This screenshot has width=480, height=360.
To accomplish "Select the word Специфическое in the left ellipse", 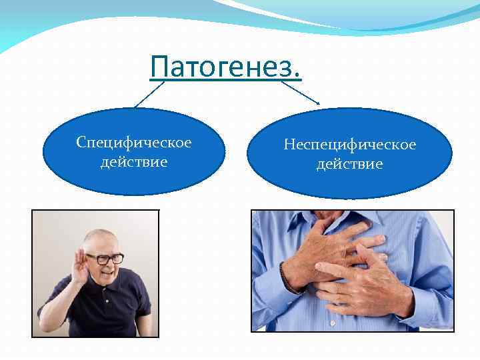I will pos(134,143).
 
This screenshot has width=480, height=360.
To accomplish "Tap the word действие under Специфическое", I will pos(134,162).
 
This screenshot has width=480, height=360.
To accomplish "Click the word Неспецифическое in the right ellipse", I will pos(349,145).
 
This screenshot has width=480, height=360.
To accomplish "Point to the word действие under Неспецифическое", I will pos(349,164).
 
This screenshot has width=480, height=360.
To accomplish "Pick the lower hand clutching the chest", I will pos(360,287).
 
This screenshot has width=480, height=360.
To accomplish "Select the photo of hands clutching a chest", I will pos(352,269).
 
